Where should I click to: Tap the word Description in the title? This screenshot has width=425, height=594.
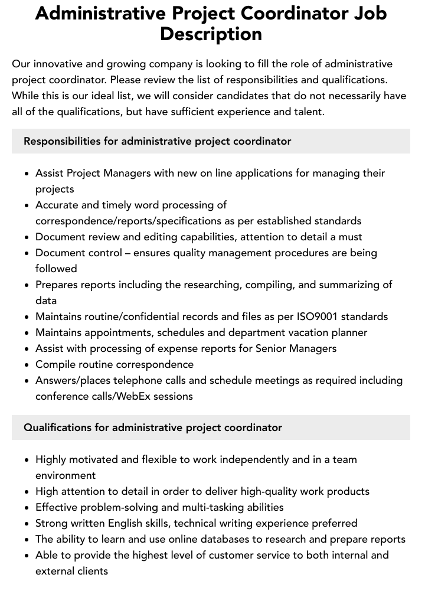[211, 34]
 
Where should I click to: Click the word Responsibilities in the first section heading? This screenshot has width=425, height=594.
[71, 141]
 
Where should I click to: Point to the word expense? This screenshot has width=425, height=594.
[174, 348]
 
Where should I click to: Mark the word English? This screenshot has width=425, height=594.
[128, 523]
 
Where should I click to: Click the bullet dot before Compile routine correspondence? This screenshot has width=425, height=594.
[27, 365]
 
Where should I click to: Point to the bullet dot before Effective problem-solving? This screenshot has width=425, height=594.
[27, 508]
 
